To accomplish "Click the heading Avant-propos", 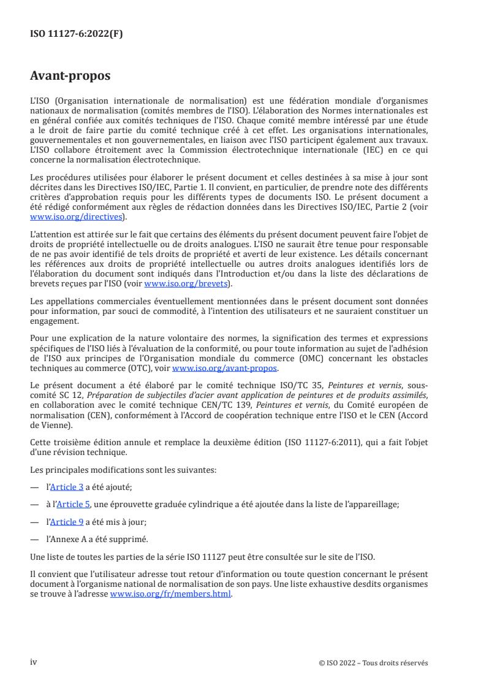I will click(x=71, y=77).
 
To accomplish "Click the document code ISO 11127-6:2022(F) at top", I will click(x=77, y=34).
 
